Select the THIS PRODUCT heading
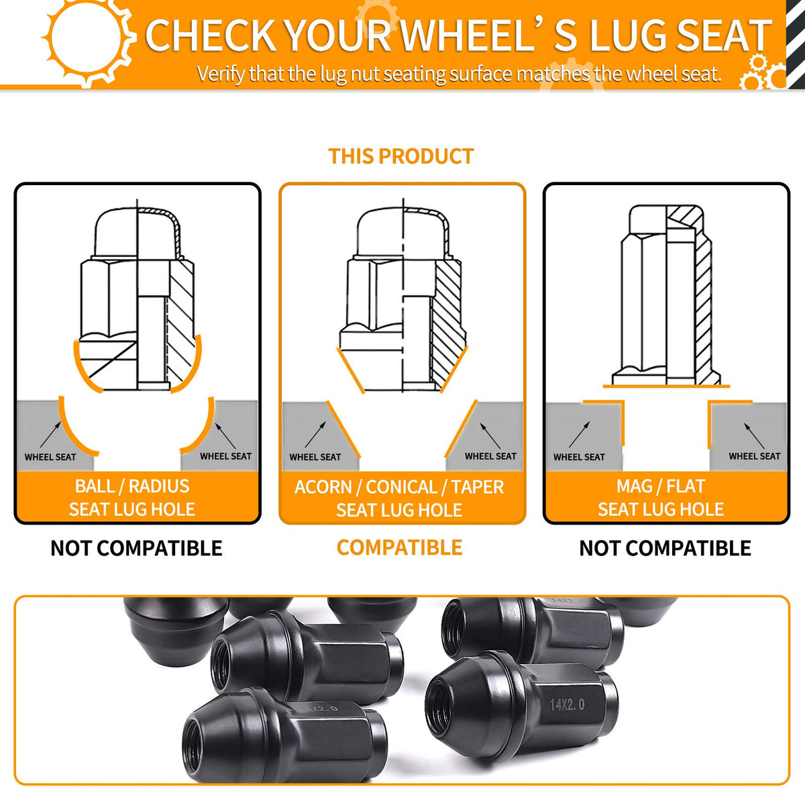point(401,156)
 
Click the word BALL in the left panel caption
point(94,486)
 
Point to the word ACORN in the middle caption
point(323,487)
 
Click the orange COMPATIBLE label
point(399,547)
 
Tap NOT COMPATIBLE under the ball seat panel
point(136,548)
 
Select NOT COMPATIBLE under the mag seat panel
point(665,548)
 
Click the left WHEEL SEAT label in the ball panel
point(50,457)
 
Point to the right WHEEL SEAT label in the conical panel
point(490,456)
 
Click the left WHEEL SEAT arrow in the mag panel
point(580,435)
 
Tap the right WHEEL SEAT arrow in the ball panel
point(225,436)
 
